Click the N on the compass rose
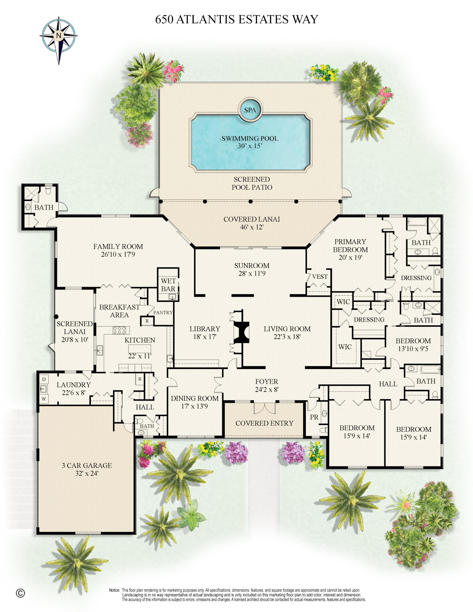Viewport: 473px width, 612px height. pos(58,35)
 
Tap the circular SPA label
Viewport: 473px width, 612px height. pos(250,110)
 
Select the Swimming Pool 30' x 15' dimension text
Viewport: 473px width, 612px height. pos(250,146)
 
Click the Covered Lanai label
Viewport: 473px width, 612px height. pos(252,219)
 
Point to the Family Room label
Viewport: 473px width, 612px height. pos(118,246)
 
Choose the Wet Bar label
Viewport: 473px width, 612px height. pos(168,285)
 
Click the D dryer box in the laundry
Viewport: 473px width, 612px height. pos(44,379)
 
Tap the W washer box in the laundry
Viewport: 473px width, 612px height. pos(44,399)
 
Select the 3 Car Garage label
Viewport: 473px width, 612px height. pos(87,465)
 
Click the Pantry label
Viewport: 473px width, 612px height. pos(163,312)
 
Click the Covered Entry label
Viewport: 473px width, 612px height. pos(264,423)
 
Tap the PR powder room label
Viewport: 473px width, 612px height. pos(314,417)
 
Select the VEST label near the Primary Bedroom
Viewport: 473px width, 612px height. pos(320,277)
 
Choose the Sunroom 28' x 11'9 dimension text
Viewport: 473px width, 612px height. pos(252,274)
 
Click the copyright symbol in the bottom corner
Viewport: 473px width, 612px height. pos(20,593)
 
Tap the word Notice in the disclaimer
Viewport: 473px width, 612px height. pos(114,590)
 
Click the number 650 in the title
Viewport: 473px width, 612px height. pos(164,19)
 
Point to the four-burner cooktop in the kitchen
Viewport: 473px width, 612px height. pos(119,330)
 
